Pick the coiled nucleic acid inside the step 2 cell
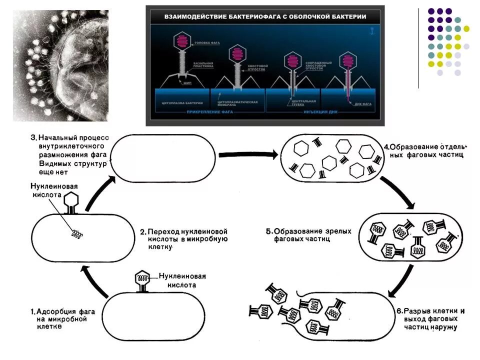[x=77, y=233]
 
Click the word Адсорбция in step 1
[x=56, y=311]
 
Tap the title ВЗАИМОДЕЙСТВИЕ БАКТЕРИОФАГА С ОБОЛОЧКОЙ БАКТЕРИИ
[x=265, y=17]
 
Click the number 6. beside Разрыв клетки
[x=399, y=311]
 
